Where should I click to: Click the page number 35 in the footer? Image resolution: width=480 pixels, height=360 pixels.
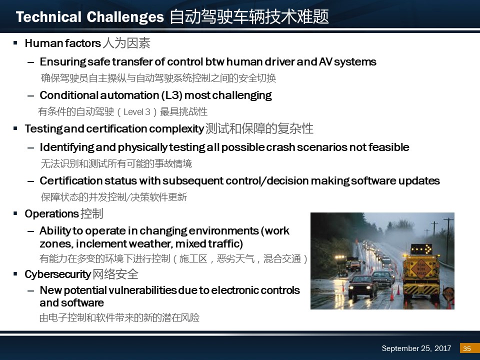[467, 348]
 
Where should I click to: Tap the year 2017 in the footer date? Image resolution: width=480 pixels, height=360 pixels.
[442, 348]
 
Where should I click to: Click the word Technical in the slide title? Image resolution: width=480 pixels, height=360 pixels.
[48, 17]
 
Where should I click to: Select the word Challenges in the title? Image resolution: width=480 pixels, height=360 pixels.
[125, 17]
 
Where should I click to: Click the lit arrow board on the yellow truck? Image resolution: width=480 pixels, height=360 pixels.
[421, 249]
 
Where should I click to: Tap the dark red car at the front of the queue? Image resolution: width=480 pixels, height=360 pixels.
[362, 286]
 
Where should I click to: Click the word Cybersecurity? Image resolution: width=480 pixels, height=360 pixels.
[58, 274]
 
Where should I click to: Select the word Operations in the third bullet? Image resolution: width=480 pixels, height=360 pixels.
[51, 214]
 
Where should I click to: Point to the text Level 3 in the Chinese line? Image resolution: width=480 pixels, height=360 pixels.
[137, 112]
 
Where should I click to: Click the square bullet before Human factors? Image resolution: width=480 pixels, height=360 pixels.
[15, 43]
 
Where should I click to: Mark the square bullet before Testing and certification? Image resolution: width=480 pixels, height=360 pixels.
[15, 128]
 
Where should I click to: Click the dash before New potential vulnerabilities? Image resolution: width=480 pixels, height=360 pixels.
[30, 290]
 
